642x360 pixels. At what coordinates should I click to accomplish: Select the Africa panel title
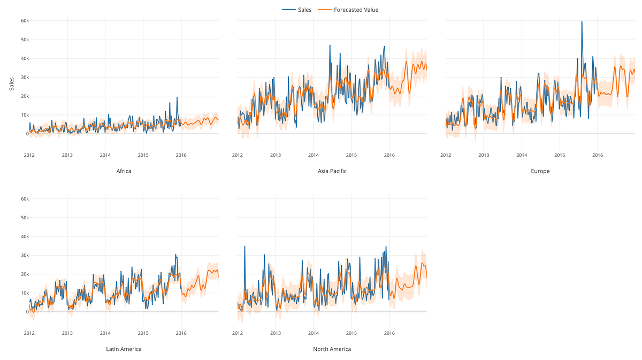pyautogui.click(x=124, y=171)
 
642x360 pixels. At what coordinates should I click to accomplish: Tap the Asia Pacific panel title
pyautogui.click(x=332, y=171)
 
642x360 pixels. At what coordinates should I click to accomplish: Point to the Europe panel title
pyautogui.click(x=540, y=171)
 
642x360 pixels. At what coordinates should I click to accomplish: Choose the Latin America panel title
pyautogui.click(x=124, y=349)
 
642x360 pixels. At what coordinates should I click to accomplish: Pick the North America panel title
pyautogui.click(x=332, y=349)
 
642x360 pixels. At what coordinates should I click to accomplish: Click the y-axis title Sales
pyautogui.click(x=12, y=83)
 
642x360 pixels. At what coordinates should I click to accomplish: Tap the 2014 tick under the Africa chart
pyautogui.click(x=105, y=155)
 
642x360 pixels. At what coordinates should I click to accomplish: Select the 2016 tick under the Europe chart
pyautogui.click(x=597, y=155)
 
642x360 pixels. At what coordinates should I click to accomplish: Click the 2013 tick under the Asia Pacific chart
pyautogui.click(x=275, y=155)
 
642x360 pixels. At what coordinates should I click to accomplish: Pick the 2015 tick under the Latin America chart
pyautogui.click(x=143, y=333)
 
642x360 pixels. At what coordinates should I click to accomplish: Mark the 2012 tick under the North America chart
pyautogui.click(x=237, y=333)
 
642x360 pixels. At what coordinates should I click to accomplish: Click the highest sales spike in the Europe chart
pyautogui.click(x=582, y=22)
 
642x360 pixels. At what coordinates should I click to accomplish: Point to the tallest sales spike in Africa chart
pyautogui.click(x=177, y=98)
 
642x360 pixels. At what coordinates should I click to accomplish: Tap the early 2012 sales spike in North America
pyautogui.click(x=244, y=247)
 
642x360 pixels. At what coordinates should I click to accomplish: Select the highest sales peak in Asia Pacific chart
pyautogui.click(x=330, y=46)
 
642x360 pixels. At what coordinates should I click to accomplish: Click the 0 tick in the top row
pyautogui.click(x=27, y=134)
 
